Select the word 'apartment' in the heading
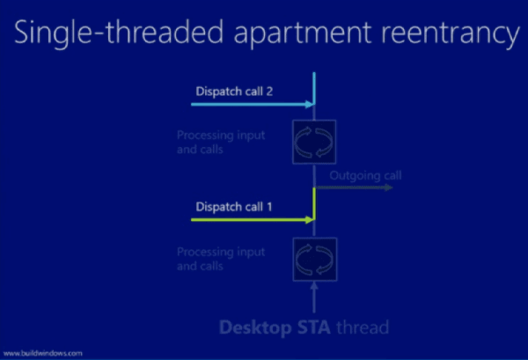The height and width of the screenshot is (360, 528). coord(303,34)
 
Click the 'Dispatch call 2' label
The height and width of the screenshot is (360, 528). coord(234,92)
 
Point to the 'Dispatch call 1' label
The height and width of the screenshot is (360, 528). coord(234,207)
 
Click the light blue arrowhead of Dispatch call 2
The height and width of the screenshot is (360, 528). coord(310,105)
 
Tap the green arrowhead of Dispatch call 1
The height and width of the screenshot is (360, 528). coord(310,220)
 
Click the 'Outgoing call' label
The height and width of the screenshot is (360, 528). coord(365,175)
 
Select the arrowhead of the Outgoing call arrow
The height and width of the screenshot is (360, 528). coord(389,187)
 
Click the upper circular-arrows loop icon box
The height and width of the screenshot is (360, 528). coord(314,142)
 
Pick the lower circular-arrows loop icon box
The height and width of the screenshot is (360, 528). coord(315,260)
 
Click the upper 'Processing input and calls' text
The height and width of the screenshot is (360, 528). coord(221,142)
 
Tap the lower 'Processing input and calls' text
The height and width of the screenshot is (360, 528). coord(221,259)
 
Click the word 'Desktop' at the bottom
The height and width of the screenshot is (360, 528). coord(255,327)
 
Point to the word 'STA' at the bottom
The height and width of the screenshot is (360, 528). coord(314,327)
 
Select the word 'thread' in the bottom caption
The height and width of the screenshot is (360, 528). coord(363,327)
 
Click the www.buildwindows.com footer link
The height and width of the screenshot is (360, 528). coord(43,353)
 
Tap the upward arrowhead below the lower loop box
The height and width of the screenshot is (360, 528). coord(314,286)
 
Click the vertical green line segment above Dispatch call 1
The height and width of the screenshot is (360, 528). coord(314,203)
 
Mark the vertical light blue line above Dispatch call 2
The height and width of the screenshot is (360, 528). coord(314,88)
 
